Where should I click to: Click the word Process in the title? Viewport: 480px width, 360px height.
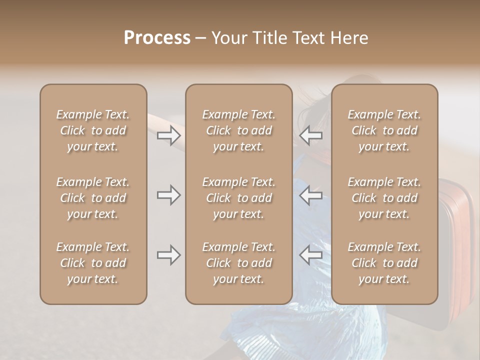157,38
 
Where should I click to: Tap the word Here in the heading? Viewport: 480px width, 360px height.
347,38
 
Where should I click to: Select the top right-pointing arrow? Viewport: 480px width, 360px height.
168,135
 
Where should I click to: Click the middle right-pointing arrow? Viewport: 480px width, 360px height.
168,195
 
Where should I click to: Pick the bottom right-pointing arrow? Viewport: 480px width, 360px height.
168,255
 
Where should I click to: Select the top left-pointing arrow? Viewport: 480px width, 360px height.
311,135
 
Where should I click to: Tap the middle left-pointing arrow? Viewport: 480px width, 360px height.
311,195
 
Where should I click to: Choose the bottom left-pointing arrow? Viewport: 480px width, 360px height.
311,255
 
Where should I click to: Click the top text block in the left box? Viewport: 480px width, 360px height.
93,130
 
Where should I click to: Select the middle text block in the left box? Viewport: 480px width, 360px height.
93,198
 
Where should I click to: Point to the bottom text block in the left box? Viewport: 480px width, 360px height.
93,263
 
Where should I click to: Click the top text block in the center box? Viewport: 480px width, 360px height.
238,130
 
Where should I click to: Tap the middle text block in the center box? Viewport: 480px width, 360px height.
238,198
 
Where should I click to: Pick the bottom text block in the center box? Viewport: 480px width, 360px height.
238,263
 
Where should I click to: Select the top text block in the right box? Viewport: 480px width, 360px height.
384,130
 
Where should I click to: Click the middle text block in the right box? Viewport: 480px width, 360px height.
384,198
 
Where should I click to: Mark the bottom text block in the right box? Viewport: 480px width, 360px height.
384,263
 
